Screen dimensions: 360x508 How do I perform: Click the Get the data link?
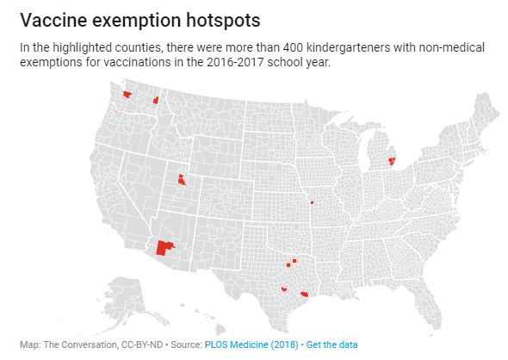tap(331, 344)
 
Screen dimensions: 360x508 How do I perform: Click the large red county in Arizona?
tap(162, 248)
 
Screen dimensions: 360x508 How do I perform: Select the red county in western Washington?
tap(127, 95)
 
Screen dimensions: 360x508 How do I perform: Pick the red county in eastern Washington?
tap(156, 101)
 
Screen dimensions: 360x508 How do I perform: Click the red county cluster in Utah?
tap(181, 180)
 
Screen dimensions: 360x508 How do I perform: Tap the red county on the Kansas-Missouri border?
tap(312, 203)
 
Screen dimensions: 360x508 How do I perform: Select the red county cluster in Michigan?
tap(392, 160)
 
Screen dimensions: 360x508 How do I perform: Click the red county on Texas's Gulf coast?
tap(304, 295)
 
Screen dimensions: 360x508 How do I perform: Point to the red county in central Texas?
tap(283, 289)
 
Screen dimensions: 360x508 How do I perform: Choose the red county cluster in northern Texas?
tap(293, 261)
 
